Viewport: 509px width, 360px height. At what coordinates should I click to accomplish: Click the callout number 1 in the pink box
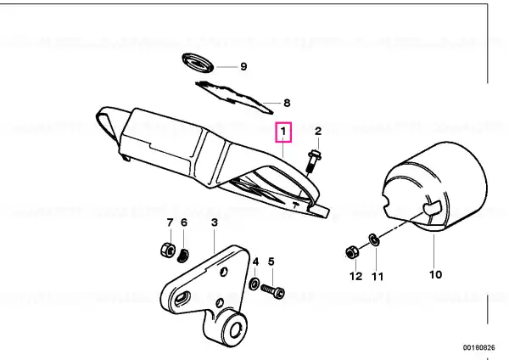(x=283, y=132)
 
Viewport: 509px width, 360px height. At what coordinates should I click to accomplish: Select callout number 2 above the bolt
(x=318, y=131)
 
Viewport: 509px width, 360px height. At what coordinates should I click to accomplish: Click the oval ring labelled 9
(x=198, y=64)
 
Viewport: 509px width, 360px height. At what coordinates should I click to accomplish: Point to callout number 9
(x=243, y=66)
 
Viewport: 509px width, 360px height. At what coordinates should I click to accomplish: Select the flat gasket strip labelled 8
(x=234, y=98)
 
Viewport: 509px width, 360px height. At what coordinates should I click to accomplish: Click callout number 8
(x=287, y=103)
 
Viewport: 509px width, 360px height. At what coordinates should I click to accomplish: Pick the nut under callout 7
(x=169, y=250)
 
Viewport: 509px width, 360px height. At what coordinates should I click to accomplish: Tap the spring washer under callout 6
(x=183, y=256)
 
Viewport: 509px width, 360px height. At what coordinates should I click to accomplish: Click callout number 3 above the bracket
(x=215, y=223)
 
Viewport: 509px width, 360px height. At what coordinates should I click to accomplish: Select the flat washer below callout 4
(x=254, y=284)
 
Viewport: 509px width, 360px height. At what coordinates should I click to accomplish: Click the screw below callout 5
(x=273, y=290)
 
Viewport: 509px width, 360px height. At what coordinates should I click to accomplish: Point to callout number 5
(x=271, y=262)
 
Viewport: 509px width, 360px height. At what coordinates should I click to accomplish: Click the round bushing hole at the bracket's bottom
(x=235, y=330)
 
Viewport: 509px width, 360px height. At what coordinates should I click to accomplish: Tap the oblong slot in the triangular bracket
(x=182, y=298)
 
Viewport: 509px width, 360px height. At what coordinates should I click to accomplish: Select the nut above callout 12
(x=352, y=253)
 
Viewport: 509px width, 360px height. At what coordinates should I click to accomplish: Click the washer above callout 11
(x=374, y=240)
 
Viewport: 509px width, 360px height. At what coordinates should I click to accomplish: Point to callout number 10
(x=436, y=275)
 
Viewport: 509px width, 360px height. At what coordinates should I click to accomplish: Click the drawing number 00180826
(x=478, y=347)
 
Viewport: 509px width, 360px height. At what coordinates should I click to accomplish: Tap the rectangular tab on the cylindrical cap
(x=433, y=208)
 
